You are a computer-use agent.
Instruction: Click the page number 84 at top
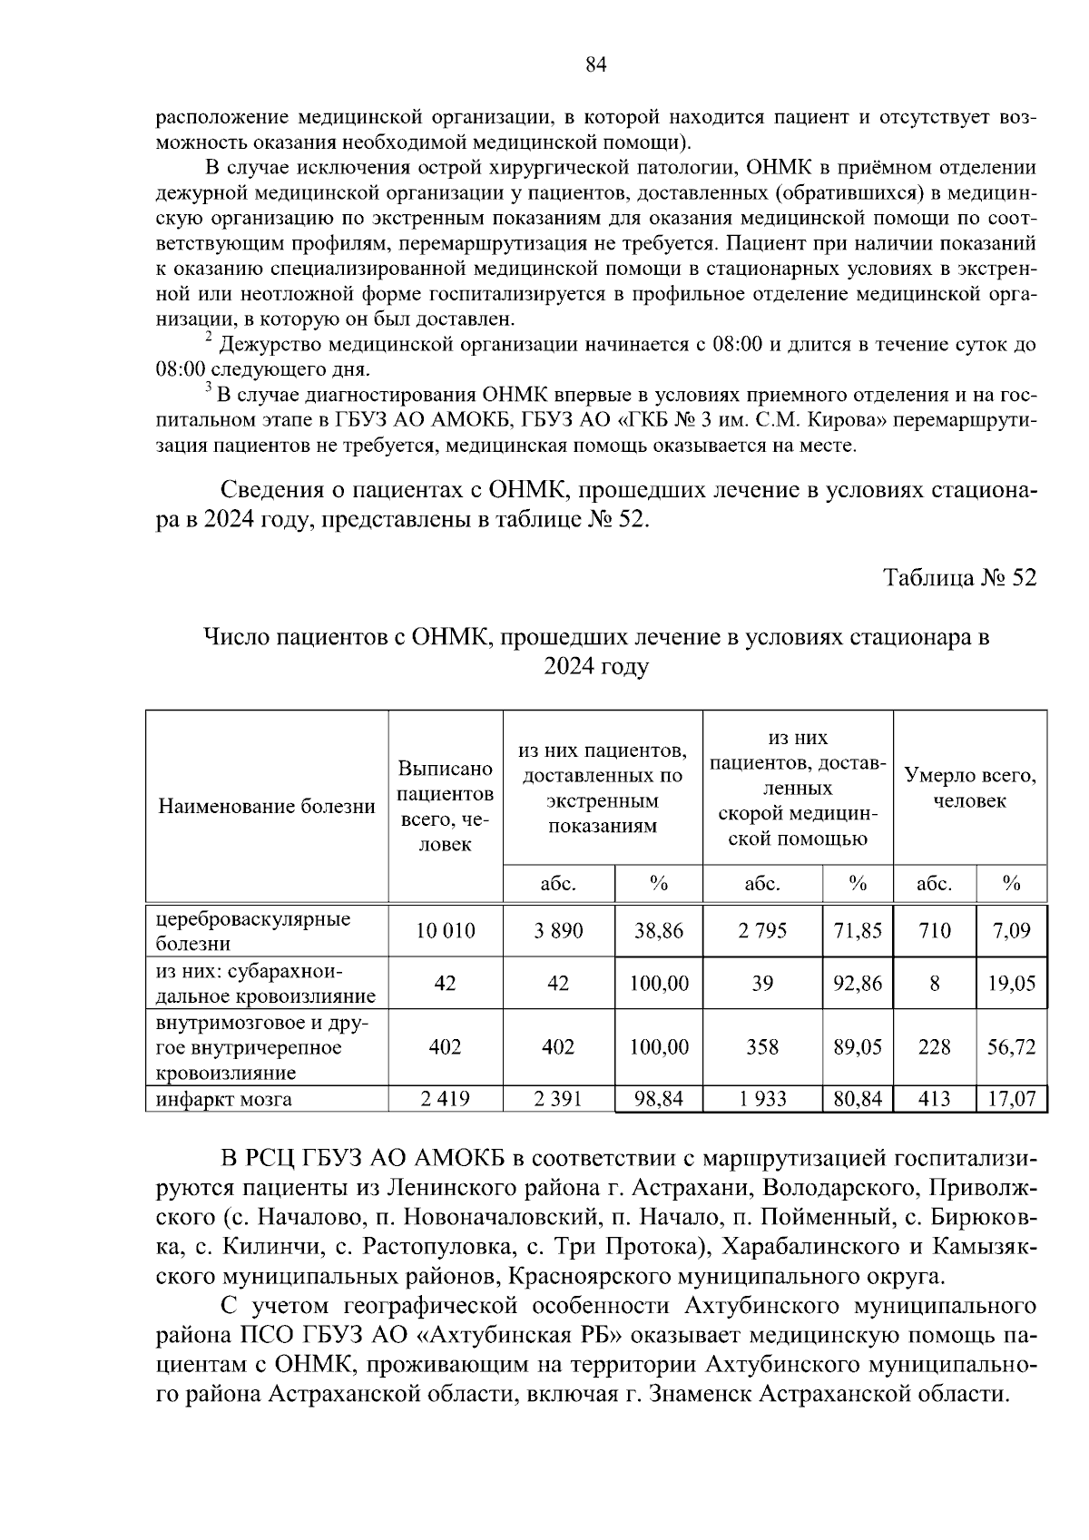pos(595,64)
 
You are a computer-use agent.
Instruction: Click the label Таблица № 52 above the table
pos(960,578)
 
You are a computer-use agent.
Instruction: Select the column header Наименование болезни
pos(267,807)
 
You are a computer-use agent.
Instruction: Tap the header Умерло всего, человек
pos(970,788)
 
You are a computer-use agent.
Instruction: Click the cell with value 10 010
pos(445,930)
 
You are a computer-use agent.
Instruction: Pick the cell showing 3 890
pos(558,930)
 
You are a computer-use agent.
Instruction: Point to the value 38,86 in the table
pos(659,930)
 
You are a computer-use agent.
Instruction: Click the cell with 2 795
pos(762,930)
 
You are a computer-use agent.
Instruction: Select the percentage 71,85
pos(858,930)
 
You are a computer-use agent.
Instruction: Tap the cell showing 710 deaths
pos(934,930)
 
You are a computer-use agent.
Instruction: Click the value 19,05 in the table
pos(1012,984)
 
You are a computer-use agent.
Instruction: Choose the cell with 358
pos(762,1046)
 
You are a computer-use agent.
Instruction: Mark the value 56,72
pos(1012,1046)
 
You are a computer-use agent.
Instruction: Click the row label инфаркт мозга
pos(223,1100)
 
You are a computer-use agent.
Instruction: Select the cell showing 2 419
pos(445,1100)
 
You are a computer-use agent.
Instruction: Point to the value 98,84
pos(659,1100)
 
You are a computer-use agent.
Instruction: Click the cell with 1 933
pos(762,1100)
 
